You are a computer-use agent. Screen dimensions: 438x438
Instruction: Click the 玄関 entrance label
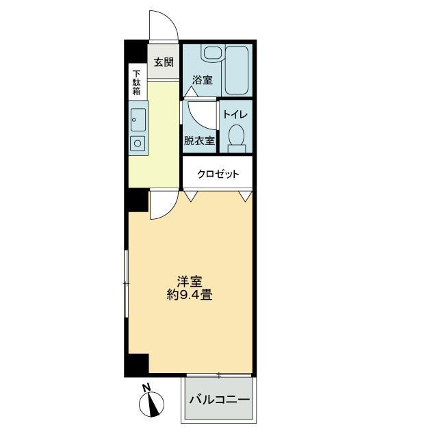[163, 62]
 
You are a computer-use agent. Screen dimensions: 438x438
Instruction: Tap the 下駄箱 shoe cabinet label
[136, 82]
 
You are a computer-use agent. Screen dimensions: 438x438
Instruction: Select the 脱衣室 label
[199, 141]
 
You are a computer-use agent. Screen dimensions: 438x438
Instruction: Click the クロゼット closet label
[218, 174]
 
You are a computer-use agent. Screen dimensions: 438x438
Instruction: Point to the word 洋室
[189, 281]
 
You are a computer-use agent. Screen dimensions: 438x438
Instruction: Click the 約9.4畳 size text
[189, 296]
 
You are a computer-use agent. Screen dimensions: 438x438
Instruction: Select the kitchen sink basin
[138, 120]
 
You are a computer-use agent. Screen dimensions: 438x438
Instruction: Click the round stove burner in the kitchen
[138, 143]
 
